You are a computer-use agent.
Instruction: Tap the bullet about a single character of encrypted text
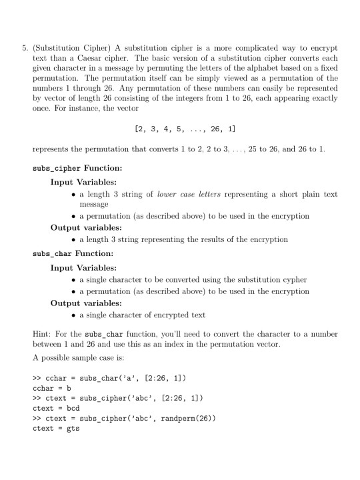coord(143,315)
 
